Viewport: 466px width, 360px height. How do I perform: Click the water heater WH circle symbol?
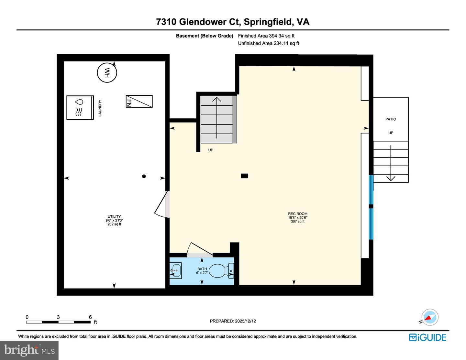click(107, 72)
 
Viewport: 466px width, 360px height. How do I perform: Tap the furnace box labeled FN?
click(139, 101)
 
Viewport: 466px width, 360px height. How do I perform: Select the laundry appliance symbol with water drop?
click(80, 107)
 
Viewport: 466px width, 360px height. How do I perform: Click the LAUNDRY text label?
click(100, 108)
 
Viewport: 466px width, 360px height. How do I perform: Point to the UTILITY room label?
click(114, 216)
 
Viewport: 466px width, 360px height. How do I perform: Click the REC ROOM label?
click(298, 214)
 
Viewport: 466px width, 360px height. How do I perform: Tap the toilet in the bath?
click(221, 271)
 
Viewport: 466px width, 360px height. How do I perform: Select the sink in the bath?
click(176, 270)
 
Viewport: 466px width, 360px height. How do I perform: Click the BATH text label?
click(202, 269)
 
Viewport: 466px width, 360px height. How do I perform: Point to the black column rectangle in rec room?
click(244, 176)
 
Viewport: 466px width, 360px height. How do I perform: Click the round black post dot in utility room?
click(144, 176)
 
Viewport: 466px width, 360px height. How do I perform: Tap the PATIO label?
click(391, 119)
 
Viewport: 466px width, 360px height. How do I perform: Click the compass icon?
click(430, 317)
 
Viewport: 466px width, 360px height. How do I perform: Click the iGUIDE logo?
click(427, 337)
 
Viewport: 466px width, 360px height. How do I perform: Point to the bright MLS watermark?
click(29, 350)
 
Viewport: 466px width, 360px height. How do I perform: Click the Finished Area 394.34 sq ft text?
click(266, 36)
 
